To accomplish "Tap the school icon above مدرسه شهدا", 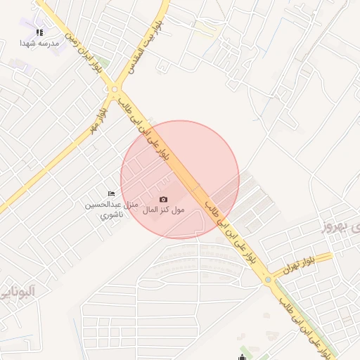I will [x=39, y=32].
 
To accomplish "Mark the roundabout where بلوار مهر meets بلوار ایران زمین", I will [x=114, y=89].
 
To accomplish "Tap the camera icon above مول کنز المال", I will [x=164, y=200].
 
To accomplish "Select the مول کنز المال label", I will [x=164, y=210].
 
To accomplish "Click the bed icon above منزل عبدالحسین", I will [x=110, y=193].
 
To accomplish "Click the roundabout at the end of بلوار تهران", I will [x=268, y=280].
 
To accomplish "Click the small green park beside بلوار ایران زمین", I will [x=104, y=63].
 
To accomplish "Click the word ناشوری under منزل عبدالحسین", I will [x=111, y=214].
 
